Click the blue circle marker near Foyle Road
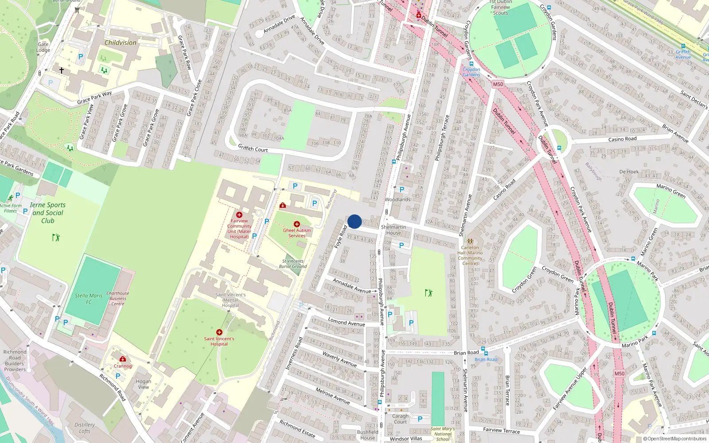[x=354, y=221]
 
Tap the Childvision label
[x=120, y=43]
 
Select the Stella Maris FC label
[x=89, y=299]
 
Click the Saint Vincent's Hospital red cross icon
[x=219, y=332]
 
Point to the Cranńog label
[x=123, y=366]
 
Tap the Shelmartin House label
[x=393, y=230]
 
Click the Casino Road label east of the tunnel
[x=622, y=139]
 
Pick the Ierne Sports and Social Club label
[x=48, y=213]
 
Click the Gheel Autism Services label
[x=297, y=233]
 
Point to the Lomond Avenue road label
[x=347, y=322]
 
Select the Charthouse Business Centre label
[x=118, y=299]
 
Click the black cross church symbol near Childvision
[x=62, y=70]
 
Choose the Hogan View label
[x=144, y=384]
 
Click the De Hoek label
[x=629, y=172]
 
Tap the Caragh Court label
[x=400, y=419]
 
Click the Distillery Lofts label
[x=85, y=428]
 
